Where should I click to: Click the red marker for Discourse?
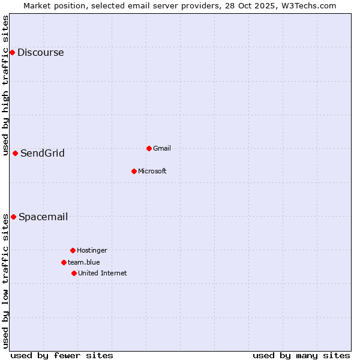pyautogui.click(x=12, y=53)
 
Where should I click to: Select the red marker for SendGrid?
pyautogui.click(x=15, y=153)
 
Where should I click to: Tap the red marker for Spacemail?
pyautogui.click(x=13, y=217)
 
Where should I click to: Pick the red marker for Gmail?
pyautogui.click(x=149, y=148)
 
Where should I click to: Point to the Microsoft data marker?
pyautogui.click(x=134, y=171)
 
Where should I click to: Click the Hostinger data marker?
pyautogui.click(x=73, y=250)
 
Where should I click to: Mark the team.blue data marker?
pyautogui.click(x=64, y=262)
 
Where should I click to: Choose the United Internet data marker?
pyautogui.click(x=74, y=273)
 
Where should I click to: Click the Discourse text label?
pyautogui.click(x=40, y=53)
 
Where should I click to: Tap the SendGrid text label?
pyautogui.click(x=43, y=154)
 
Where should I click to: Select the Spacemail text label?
pyautogui.click(x=43, y=217)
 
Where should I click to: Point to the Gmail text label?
pyautogui.click(x=162, y=148)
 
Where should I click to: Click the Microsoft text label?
pyautogui.click(x=152, y=171)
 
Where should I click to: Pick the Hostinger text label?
pyautogui.click(x=92, y=250)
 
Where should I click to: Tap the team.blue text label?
pyautogui.click(x=84, y=262)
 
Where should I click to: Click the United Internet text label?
pyautogui.click(x=103, y=273)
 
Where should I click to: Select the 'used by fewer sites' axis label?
pyautogui.click(x=62, y=355)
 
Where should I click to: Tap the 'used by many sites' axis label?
pyautogui.click(x=301, y=355)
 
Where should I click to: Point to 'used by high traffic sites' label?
pyautogui.click(x=5, y=85)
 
